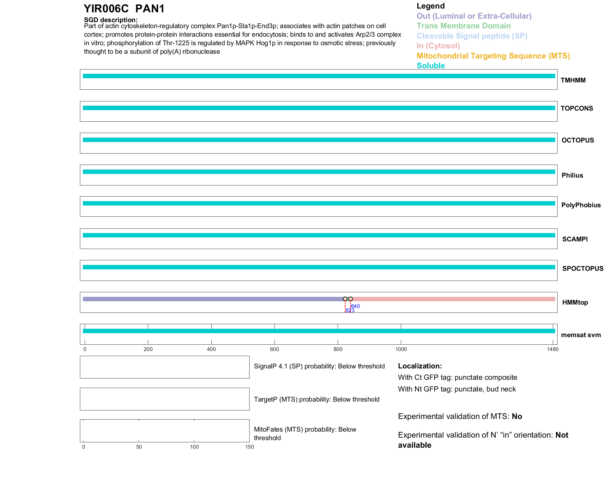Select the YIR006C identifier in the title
tap(106, 9)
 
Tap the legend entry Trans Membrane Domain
tap(463, 26)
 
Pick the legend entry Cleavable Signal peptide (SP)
tap(472, 36)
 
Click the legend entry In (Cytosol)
tap(438, 46)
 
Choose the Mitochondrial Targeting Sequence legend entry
tap(493, 56)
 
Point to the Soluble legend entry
tap(431, 66)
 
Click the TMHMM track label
tap(573, 80)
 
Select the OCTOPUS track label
tap(577, 140)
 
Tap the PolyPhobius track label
tap(581, 205)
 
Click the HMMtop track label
tap(575, 302)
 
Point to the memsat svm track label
tap(581, 335)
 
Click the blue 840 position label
tap(356, 306)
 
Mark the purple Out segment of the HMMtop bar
tap(212, 299)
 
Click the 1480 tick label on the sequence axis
tap(553, 349)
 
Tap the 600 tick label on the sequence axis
tap(275, 349)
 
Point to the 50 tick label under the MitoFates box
tap(139, 447)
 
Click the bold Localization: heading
tap(420, 366)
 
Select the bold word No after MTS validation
tap(517, 416)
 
